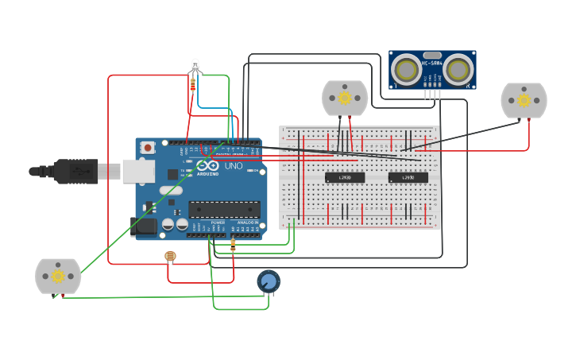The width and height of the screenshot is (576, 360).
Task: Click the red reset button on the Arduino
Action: pos(149,147)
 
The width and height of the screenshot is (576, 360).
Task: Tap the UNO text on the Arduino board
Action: pos(234,166)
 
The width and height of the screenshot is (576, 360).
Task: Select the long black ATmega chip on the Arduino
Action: pos(224,209)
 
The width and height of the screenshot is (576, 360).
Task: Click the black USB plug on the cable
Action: pos(75,171)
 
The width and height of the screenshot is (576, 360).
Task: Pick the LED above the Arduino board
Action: pos(195,66)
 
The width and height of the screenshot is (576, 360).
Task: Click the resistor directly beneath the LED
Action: pos(192,83)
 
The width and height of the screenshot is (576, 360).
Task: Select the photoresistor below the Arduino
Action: pos(169,256)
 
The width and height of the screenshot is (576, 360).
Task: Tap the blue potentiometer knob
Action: pos(269,281)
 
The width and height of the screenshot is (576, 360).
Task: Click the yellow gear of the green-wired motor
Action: pos(58,276)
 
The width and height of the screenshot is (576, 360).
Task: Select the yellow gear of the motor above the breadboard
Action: pos(345,97)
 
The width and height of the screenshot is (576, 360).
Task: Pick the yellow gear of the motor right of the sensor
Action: pos(524,100)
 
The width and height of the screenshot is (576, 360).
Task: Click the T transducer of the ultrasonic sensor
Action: pos(408,70)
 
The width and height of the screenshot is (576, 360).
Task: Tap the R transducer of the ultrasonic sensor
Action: pos(458,70)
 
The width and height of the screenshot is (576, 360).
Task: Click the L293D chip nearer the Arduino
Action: pos(345,177)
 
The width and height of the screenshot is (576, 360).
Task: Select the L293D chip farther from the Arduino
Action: pos(408,177)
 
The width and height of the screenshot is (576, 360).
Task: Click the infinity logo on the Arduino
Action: pos(207,165)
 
